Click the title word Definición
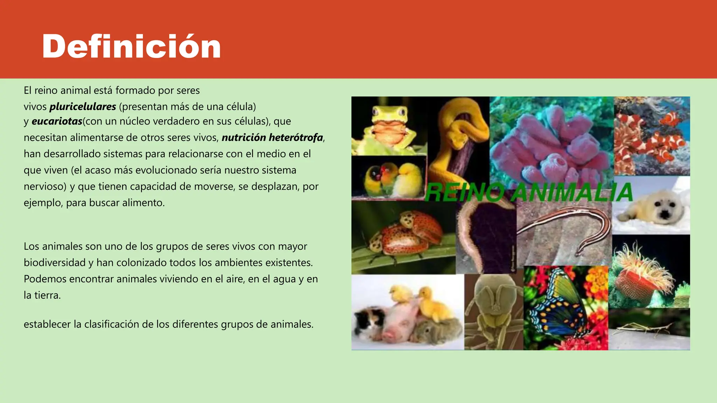pos(131,47)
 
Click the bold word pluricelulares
pos(83,106)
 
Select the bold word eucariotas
pos(57,121)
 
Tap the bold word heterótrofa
pos(296,137)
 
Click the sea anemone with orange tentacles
pos(644,273)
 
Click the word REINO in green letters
pos(464,193)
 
